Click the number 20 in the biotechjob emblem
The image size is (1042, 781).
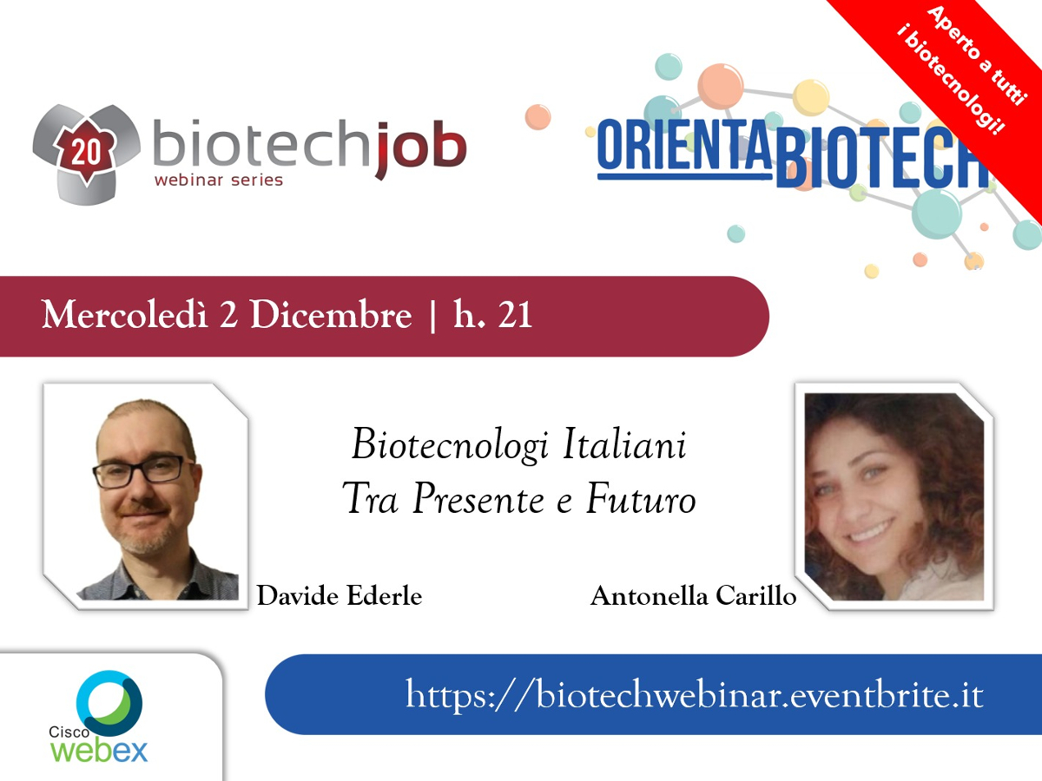86,153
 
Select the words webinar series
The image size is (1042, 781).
218,180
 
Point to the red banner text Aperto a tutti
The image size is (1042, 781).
977,55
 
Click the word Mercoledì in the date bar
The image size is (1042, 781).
124,314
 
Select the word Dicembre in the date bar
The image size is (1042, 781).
331,314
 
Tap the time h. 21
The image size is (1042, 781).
492,313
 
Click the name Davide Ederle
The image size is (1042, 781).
339,595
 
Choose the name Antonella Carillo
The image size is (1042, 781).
693,595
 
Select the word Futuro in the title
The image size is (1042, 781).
641,498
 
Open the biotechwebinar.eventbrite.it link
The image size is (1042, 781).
694,695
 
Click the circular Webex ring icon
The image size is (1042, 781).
109,703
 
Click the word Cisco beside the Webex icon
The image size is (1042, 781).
69,732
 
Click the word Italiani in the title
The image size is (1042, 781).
624,444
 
